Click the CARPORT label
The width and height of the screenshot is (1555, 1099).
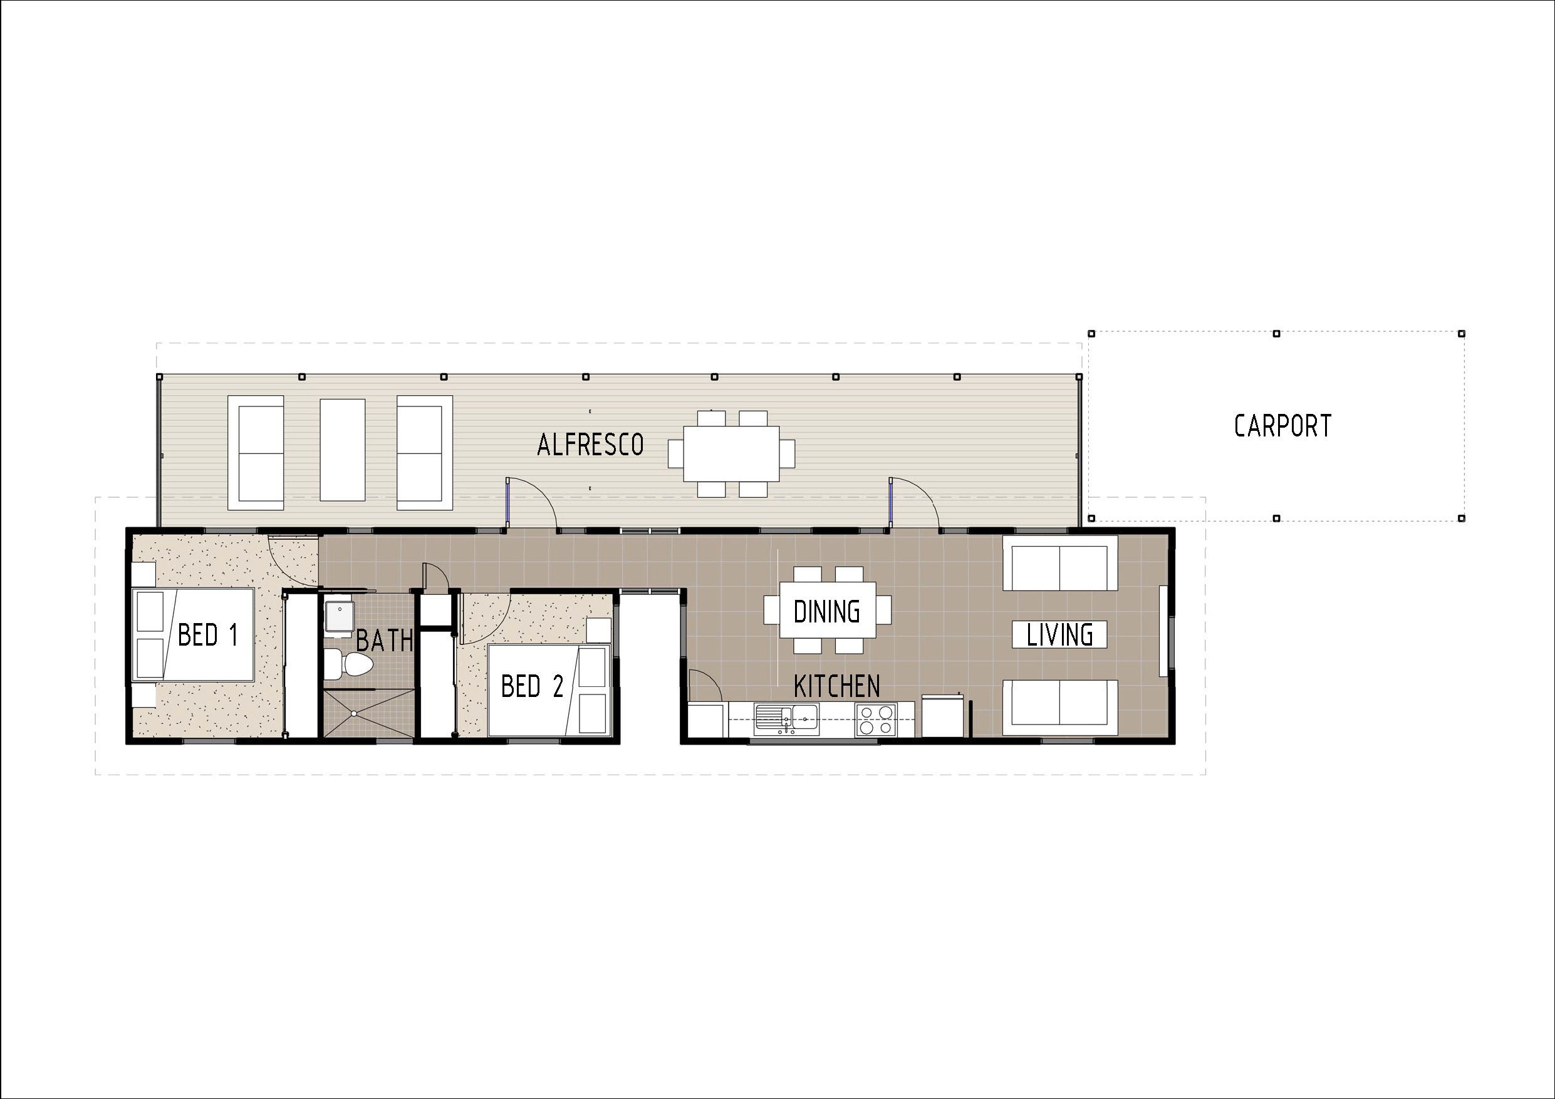[x=1282, y=426]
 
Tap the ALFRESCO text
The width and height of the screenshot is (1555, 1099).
[x=590, y=445]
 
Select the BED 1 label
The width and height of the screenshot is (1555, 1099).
[x=208, y=635]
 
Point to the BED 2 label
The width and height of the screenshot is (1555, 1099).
[x=533, y=686]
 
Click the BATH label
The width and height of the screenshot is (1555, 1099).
[x=384, y=640]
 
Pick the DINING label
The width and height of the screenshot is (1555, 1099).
[x=826, y=611]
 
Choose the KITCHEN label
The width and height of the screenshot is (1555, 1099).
[x=836, y=686]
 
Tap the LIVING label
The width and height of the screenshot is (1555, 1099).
[x=1059, y=634]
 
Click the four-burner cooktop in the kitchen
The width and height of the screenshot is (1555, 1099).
[x=875, y=720]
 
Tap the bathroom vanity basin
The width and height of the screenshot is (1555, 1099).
[x=338, y=616]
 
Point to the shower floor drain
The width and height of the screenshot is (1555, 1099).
[x=353, y=714]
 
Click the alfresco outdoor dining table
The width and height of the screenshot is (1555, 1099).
[x=731, y=453]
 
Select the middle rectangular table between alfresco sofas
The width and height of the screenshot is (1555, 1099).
[x=342, y=450]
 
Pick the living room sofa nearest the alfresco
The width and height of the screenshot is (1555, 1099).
[x=1059, y=564]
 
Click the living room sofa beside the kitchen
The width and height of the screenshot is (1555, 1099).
[x=1059, y=707]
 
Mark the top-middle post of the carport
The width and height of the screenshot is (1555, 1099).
[x=1276, y=334]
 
